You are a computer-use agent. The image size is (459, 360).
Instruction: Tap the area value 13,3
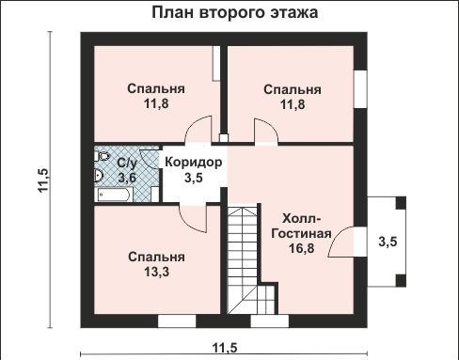pyautogui.click(x=155, y=273)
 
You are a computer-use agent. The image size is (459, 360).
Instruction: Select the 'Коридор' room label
pyautogui.click(x=194, y=162)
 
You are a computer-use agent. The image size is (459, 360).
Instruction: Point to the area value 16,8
pyautogui.click(x=300, y=249)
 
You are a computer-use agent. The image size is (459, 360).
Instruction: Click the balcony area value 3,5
pyautogui.click(x=388, y=241)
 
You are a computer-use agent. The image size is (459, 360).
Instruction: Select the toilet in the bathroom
pyautogui.click(x=101, y=173)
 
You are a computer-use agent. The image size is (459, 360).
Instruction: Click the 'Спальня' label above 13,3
pyautogui.click(x=155, y=257)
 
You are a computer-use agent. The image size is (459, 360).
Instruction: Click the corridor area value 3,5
pyautogui.click(x=194, y=177)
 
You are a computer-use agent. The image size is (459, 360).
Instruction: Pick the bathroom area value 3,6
pyautogui.click(x=127, y=176)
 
